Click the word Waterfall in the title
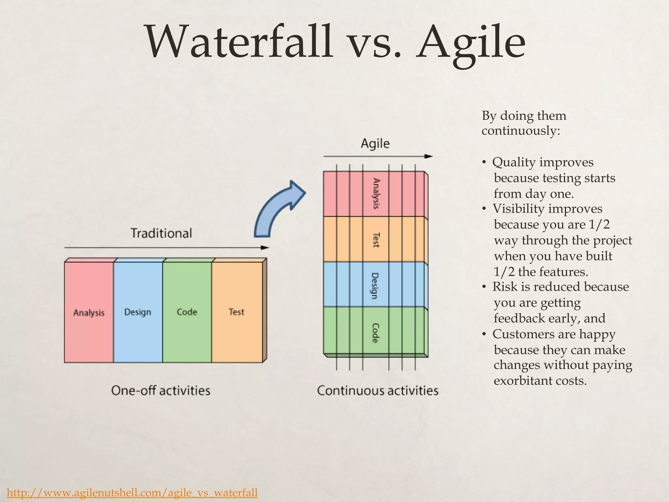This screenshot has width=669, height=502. tap(238, 42)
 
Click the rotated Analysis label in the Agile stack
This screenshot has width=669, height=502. tap(376, 193)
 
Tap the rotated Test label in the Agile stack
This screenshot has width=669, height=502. tap(376, 240)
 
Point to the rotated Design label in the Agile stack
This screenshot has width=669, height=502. tap(375, 286)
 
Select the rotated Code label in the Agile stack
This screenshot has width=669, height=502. tap(375, 333)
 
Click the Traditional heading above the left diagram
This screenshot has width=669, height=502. tap(161, 233)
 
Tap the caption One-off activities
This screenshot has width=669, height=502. tap(161, 391)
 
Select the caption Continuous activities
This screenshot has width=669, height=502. tap(378, 391)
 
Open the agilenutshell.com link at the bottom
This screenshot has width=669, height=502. tap(132, 492)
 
